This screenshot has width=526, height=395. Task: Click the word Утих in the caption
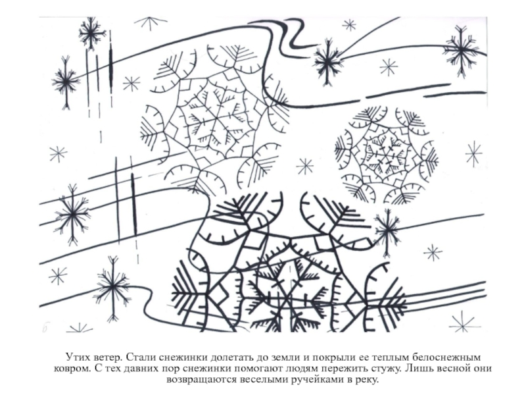(x=77, y=357)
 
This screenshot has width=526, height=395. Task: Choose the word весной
(x=452, y=369)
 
